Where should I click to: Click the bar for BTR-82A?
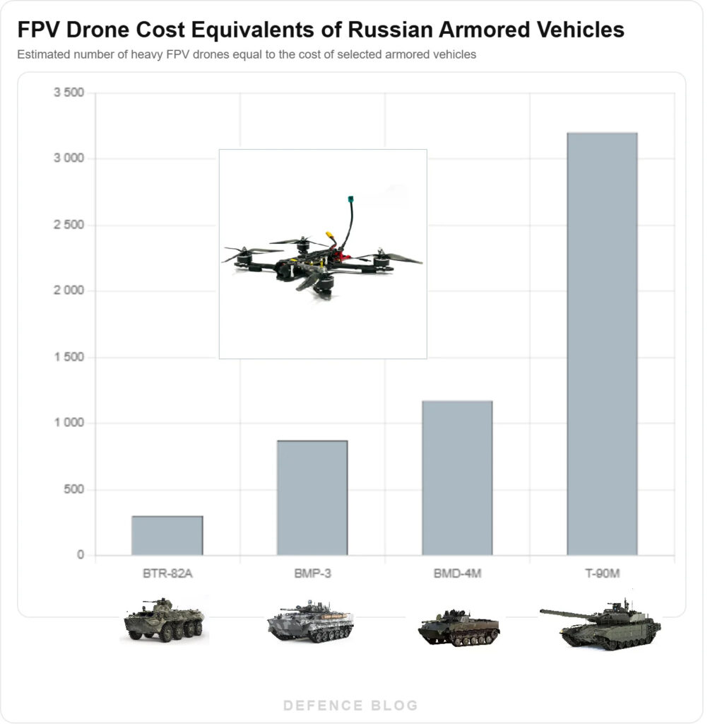[167, 535]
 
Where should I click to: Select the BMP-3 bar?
[312, 498]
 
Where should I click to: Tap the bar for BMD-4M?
[457, 478]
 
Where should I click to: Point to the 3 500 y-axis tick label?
[69, 93]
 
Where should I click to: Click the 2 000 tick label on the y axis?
[69, 291]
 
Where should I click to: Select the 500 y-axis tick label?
[74, 489]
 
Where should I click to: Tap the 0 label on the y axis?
[81, 556]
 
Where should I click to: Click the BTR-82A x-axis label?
[167, 573]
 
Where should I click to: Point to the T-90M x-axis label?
[602, 573]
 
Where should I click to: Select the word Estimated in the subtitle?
[42, 54]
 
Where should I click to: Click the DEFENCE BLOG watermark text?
[351, 705]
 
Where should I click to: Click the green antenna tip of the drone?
[350, 199]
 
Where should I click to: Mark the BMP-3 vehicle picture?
[310, 622]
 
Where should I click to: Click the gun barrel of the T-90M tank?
[562, 614]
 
